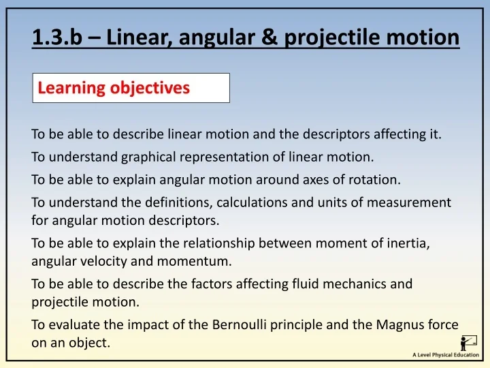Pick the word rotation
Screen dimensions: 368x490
tap(376, 181)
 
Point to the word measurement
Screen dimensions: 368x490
tap(412, 203)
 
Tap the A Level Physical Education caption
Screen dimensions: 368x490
tap(446, 355)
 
